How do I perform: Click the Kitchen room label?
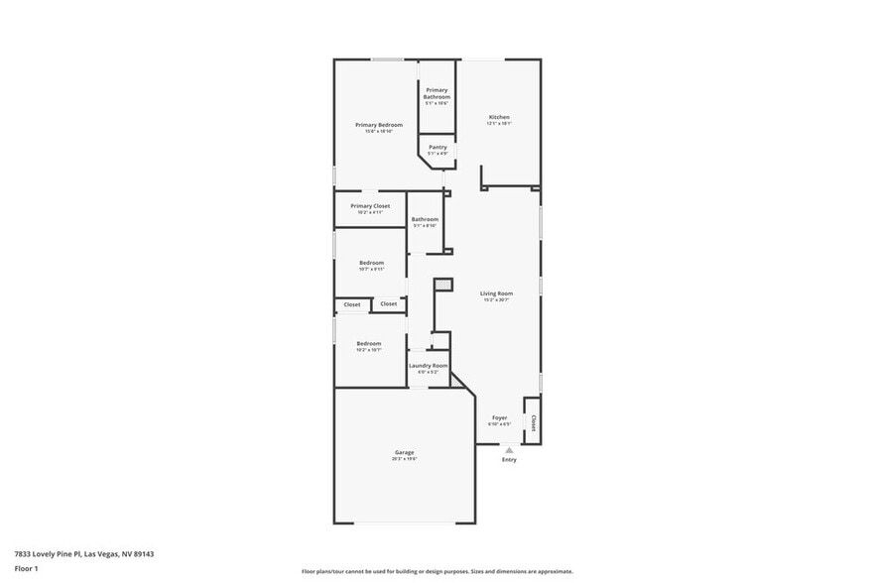pyautogui.click(x=498, y=117)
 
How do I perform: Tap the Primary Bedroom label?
pyautogui.click(x=379, y=125)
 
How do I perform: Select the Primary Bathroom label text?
pyautogui.click(x=437, y=93)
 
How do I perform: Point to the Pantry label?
pyautogui.click(x=437, y=147)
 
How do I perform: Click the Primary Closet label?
pyautogui.click(x=370, y=206)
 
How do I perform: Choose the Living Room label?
pyautogui.click(x=496, y=293)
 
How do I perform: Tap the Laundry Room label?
pyautogui.click(x=428, y=366)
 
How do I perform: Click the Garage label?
pyautogui.click(x=404, y=452)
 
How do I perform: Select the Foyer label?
pyautogui.click(x=500, y=417)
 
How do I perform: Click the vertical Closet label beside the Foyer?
pyautogui.click(x=533, y=423)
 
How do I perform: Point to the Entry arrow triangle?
pyautogui.click(x=509, y=449)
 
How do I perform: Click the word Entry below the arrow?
pyautogui.click(x=509, y=460)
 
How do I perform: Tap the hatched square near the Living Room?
pyautogui.click(x=443, y=285)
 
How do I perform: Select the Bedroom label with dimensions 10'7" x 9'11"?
pyautogui.click(x=371, y=263)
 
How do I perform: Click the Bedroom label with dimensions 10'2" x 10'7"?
pyautogui.click(x=369, y=343)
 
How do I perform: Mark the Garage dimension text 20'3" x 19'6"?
pyautogui.click(x=404, y=459)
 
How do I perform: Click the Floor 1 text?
pyautogui.click(x=26, y=568)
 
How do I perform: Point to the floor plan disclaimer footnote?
pyautogui.click(x=437, y=572)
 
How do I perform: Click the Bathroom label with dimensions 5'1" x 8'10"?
pyautogui.click(x=426, y=219)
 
